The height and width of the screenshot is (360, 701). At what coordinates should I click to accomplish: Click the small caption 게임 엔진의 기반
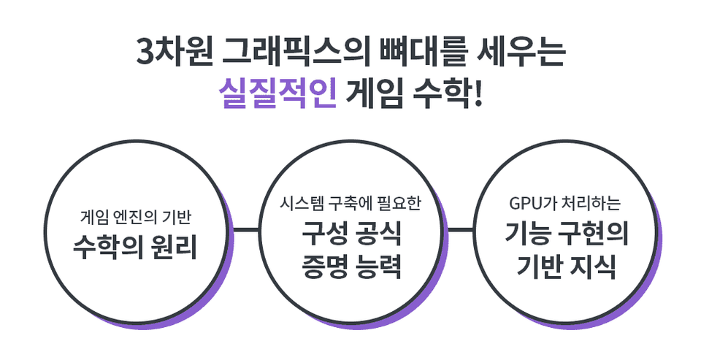136,218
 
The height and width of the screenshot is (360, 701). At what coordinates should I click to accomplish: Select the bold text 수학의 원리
135,246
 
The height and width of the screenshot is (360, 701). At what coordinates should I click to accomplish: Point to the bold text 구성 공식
351,233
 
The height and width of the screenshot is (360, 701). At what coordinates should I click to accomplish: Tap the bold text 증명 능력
351,267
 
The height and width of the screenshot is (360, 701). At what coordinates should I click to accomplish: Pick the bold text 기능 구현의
567,233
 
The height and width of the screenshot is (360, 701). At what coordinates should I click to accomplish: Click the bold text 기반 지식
567,267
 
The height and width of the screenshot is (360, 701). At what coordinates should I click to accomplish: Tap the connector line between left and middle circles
246,230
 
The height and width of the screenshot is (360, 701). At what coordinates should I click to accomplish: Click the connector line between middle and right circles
461,230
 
